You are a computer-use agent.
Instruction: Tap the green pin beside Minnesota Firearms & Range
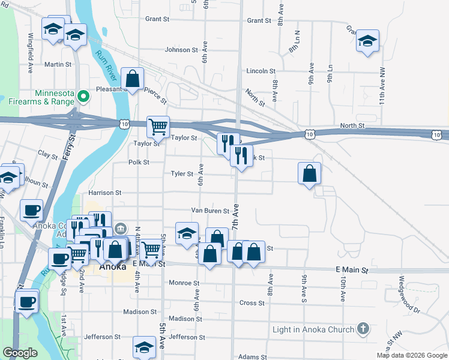pyautogui.click(x=84, y=94)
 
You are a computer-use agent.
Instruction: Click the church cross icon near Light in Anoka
pyautogui.click(x=362, y=329)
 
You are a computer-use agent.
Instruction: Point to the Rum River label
pyautogui.click(x=106, y=66)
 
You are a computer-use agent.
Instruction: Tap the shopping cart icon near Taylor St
pyautogui.click(x=158, y=127)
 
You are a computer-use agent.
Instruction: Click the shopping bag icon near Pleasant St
pyautogui.click(x=132, y=78)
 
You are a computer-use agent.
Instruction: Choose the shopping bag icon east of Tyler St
pyautogui.click(x=309, y=173)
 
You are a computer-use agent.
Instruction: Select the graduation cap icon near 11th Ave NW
pyautogui.click(x=367, y=41)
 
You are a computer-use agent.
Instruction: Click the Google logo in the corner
pyautogui.click(x=20, y=353)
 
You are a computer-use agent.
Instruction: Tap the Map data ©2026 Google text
pyautogui.click(x=411, y=355)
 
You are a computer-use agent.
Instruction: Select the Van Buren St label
pyautogui.click(x=210, y=211)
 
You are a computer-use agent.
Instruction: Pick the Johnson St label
pyautogui.click(x=177, y=50)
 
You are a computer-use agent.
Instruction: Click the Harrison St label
pyautogui.click(x=105, y=193)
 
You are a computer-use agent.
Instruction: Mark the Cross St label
pyautogui.click(x=252, y=303)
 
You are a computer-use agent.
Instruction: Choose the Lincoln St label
pyautogui.click(x=261, y=71)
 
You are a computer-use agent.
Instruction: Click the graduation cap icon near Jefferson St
pyautogui.click(x=144, y=347)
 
